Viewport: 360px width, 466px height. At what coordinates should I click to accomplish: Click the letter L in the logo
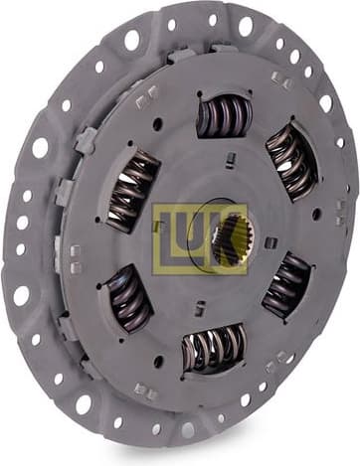click(x=168, y=239)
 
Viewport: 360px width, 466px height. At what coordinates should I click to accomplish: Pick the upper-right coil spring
click(x=289, y=160)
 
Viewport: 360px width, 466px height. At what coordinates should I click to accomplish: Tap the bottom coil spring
click(x=214, y=348)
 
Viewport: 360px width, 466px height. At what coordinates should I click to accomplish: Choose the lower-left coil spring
click(x=130, y=297)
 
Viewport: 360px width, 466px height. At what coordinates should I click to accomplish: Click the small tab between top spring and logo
click(x=228, y=156)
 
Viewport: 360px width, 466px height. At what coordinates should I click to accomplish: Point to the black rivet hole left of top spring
click(x=157, y=124)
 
